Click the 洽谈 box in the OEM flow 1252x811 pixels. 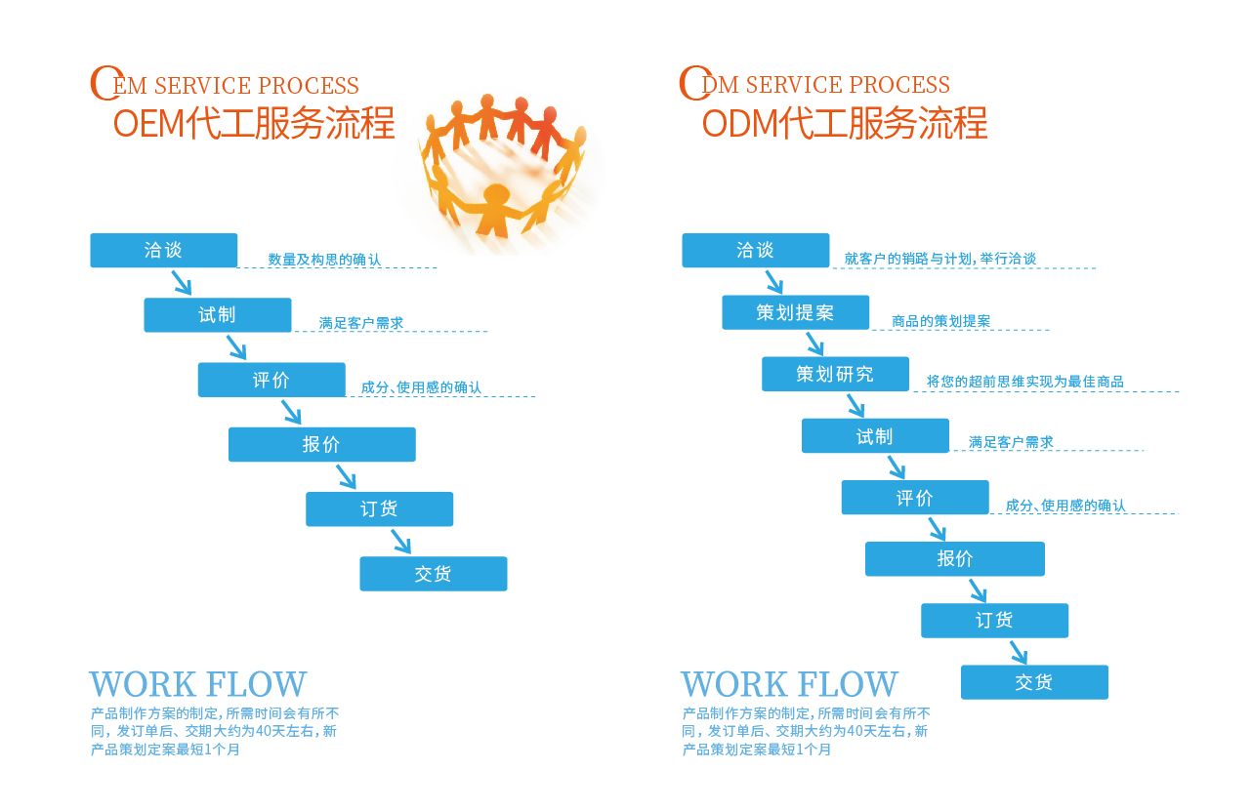pos(163,250)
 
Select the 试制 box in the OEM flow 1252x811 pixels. pos(217,315)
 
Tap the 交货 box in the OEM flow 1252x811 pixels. pos(433,574)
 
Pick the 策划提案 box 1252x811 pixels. pos(795,312)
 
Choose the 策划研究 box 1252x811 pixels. pos(835,374)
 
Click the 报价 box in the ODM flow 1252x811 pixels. pos(954,559)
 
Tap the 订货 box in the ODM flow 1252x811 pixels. pos(994,621)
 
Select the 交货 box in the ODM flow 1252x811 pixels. pos(1034,682)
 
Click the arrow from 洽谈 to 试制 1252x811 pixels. pos(182,283)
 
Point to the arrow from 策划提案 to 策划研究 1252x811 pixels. pos(814,344)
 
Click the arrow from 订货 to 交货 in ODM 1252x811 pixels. pos(1018,653)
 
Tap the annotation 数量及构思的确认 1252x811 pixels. pos(324,260)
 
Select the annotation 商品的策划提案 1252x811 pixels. pos(940,321)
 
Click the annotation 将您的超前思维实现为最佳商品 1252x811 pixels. pos(1024,382)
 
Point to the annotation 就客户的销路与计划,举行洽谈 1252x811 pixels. pos(939,259)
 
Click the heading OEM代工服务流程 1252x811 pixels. pos(254,124)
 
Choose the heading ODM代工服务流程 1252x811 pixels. pos(845,124)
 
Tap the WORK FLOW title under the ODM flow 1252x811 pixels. pos(789,685)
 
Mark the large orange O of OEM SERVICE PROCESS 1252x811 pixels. pos(104,83)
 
